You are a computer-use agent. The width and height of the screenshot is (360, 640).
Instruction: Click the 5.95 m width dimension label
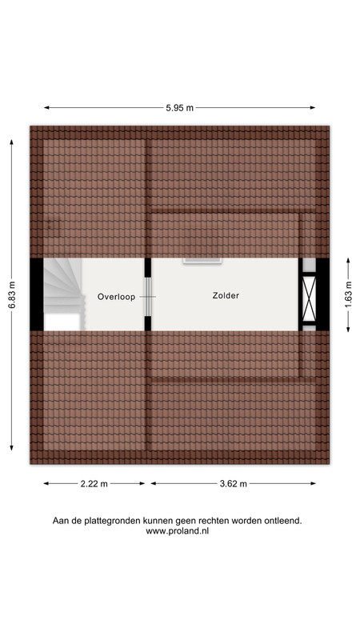click(x=179, y=108)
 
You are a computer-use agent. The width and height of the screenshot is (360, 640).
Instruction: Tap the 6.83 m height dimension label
click(x=11, y=295)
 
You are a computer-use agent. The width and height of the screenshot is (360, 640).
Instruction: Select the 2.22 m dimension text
click(x=94, y=484)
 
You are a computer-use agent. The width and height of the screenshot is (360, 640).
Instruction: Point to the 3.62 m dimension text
click(x=233, y=484)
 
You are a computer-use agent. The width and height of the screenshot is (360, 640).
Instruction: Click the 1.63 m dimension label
click(x=348, y=295)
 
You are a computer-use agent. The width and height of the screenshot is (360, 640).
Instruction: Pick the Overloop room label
click(x=116, y=297)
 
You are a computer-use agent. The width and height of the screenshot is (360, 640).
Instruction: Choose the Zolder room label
click(x=226, y=295)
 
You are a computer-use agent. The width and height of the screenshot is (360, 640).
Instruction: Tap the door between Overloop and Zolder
click(x=148, y=297)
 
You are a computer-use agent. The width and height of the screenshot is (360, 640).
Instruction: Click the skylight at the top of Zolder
click(x=202, y=261)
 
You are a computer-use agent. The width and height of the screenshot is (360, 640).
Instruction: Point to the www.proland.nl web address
click(x=177, y=531)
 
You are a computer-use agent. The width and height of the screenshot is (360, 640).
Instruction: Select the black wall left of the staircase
click(x=37, y=294)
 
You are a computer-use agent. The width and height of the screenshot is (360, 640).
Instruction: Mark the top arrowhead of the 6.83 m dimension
click(x=11, y=142)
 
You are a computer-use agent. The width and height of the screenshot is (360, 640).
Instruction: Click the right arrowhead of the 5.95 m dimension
click(x=313, y=108)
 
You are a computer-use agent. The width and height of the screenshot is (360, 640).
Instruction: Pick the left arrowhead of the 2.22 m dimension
click(x=46, y=484)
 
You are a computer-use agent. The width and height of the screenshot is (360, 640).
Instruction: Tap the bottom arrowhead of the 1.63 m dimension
click(x=348, y=329)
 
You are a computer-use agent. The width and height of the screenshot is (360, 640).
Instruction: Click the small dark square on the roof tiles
click(x=54, y=225)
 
